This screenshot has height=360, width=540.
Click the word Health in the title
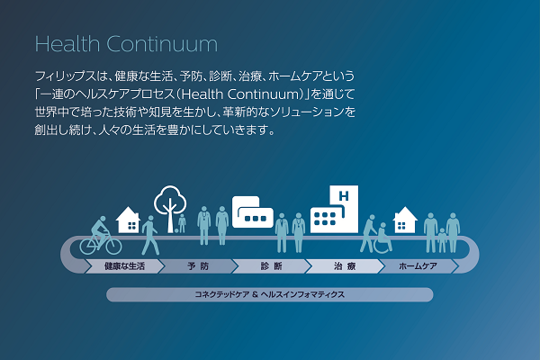67,44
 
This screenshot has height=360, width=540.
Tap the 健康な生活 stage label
124,266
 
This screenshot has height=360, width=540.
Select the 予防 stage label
198,266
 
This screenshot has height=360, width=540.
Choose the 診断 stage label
272,266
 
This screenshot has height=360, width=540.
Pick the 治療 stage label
345,266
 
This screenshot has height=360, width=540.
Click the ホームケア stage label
418,266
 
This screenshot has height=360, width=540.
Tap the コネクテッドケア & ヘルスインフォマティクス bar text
270,294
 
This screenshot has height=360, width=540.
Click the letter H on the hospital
344,196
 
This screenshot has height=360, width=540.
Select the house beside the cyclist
128,220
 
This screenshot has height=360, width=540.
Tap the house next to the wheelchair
405,220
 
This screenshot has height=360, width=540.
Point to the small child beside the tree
182,223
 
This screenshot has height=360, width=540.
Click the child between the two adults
442,239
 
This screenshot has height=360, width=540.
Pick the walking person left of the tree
150,235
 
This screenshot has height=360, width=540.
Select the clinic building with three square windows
253,212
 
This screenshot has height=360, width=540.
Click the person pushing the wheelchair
368,234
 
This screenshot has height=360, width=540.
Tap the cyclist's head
103,219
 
